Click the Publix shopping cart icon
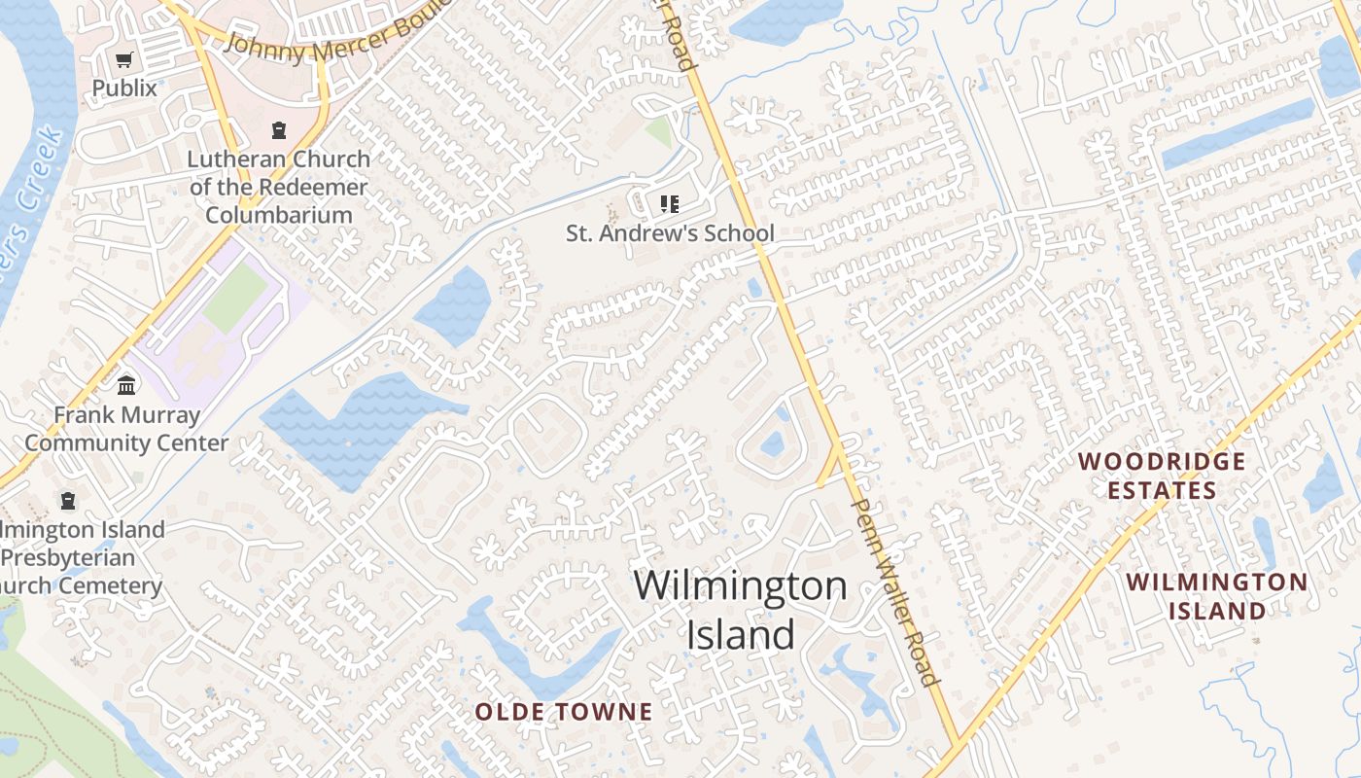point(123,61)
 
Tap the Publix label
point(123,88)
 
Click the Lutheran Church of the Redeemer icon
point(279,130)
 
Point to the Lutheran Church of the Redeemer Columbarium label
point(279,187)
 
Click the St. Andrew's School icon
point(669,204)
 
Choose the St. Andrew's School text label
point(670,233)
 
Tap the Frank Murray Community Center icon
point(126,386)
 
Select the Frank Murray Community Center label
point(126,429)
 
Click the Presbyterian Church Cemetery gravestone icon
point(68,501)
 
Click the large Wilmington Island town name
point(740,610)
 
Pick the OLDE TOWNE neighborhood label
point(563,712)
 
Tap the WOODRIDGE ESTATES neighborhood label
point(1162,475)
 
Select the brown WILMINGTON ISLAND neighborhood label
point(1216,596)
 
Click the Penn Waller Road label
point(893,592)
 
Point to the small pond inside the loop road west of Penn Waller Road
point(772,444)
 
